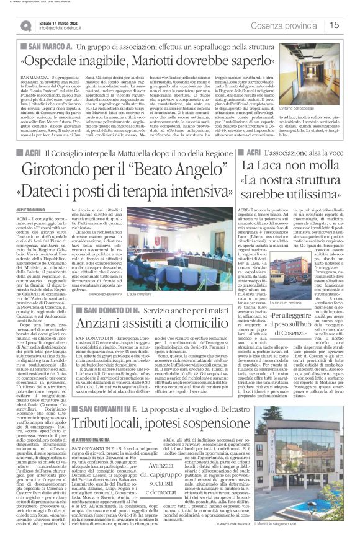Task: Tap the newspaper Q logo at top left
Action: (x=25, y=25)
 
